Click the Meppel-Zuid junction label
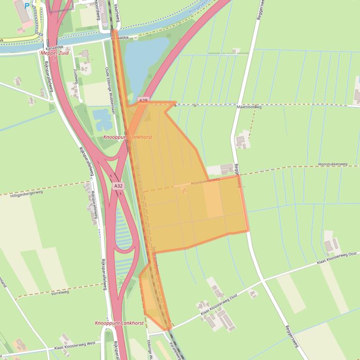(55, 53)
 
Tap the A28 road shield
(143, 101)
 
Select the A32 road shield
(118, 186)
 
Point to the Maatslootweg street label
(249, 107)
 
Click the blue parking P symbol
(27, 6)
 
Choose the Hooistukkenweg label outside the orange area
(332, 164)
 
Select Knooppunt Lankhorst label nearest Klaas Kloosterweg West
(119, 323)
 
